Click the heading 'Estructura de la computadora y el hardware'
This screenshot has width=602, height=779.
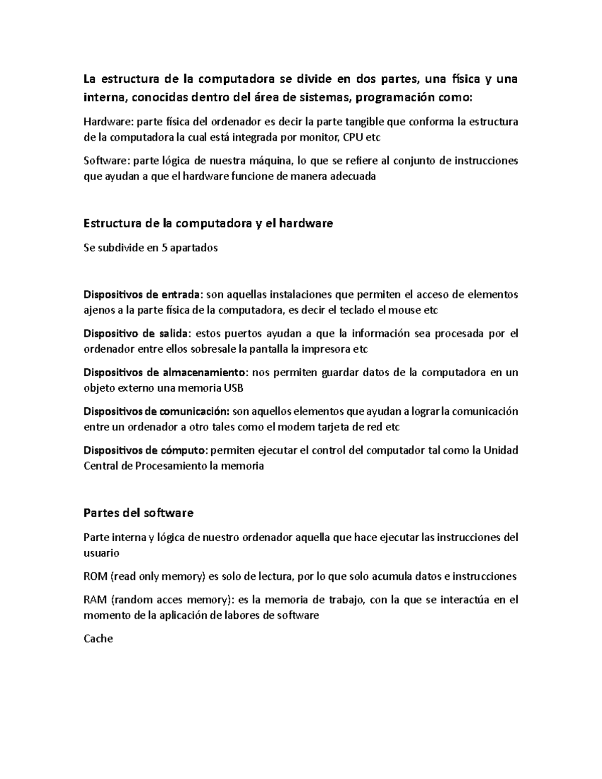(x=208, y=223)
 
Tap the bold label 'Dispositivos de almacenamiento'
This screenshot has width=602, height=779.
(x=165, y=372)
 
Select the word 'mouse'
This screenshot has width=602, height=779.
(x=407, y=310)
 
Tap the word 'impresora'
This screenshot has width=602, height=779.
(x=328, y=349)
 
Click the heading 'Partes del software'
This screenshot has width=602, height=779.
(x=138, y=513)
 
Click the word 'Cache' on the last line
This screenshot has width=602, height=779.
(x=98, y=639)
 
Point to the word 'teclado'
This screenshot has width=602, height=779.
(x=357, y=310)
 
